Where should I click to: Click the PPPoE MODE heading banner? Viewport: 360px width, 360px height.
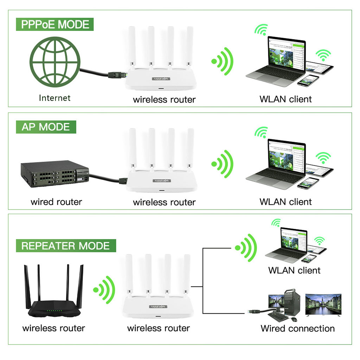(x=55, y=25)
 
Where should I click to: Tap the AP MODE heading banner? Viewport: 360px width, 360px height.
(x=46, y=127)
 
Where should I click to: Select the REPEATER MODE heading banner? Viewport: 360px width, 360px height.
(x=65, y=246)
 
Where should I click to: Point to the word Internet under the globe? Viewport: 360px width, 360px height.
(x=55, y=98)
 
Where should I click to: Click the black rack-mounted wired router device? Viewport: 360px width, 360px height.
(x=54, y=173)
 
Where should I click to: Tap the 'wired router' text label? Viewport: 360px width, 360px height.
(x=56, y=202)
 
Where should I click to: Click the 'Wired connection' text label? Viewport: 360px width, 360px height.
(x=297, y=328)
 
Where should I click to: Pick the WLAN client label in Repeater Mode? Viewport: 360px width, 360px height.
(x=294, y=270)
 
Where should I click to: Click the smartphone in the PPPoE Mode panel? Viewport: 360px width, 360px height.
(x=308, y=80)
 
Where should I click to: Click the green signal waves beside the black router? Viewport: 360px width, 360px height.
(x=105, y=289)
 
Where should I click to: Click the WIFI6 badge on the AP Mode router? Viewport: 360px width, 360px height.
(x=161, y=181)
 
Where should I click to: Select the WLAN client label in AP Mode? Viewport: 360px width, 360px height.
(x=285, y=202)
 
